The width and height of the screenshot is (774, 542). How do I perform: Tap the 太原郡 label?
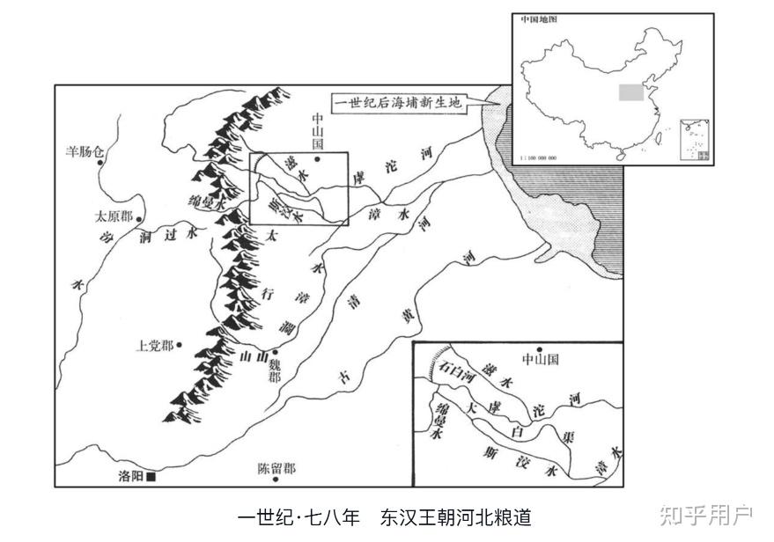114,216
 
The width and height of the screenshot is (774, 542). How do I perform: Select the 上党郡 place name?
155,346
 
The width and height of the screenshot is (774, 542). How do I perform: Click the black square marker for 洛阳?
151,477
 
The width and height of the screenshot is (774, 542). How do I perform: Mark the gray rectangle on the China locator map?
629,92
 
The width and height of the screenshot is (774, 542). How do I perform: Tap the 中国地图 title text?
537,19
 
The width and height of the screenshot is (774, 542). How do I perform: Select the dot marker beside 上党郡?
178,346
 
